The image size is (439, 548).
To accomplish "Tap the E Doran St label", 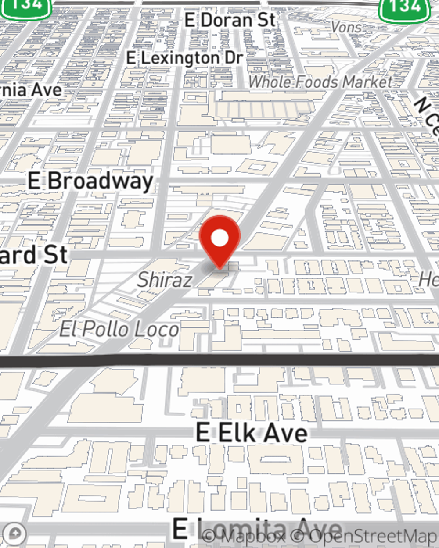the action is pyautogui.click(x=230, y=20).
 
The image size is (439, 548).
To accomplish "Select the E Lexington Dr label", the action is pyautogui.click(x=184, y=58).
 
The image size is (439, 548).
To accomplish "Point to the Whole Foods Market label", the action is pyautogui.click(x=320, y=82).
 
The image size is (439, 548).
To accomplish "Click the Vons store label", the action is pyautogui.click(x=346, y=28).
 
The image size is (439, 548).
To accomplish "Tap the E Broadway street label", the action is pyautogui.click(x=90, y=181).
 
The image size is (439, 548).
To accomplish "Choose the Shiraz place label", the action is pyautogui.click(x=165, y=280).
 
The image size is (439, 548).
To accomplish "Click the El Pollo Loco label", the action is pyautogui.click(x=119, y=329).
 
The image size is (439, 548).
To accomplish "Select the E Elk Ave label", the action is pyautogui.click(x=252, y=433).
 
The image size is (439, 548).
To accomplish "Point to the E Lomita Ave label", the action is pyautogui.click(x=257, y=528).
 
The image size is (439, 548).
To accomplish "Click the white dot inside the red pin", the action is pyautogui.click(x=219, y=238).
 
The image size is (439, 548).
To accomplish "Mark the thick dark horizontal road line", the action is pyautogui.click(x=219, y=360).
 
